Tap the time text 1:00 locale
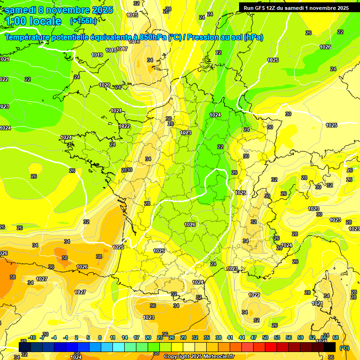33,21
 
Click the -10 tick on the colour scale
32,338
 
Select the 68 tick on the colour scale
336,338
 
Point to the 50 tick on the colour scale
265,338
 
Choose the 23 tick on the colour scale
160,338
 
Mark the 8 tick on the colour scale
100,338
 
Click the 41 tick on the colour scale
230,338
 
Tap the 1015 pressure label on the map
132,15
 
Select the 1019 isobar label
97,55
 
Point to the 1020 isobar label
105,85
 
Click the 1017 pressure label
122,49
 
